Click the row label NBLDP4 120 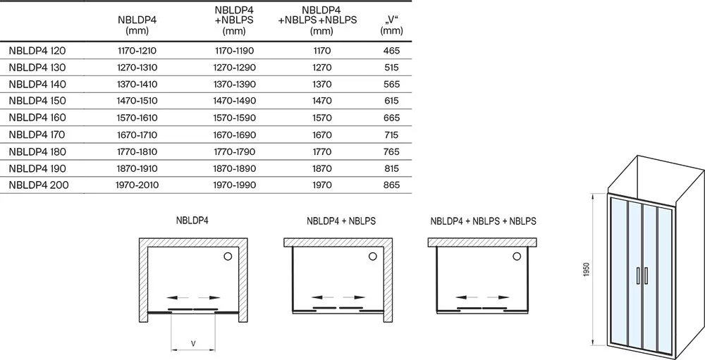pos(37,51)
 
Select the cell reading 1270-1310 pos(137,68)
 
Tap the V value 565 pos(391,85)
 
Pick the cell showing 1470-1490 pos(234,101)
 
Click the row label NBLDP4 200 pos(39,185)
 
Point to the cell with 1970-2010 pos(137,185)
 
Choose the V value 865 pos(391,185)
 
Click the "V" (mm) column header pos(391,25)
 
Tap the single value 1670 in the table pos(322,135)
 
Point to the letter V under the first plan pos(193,344)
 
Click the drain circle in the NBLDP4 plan pos(228,256)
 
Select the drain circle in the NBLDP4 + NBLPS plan pos(373,256)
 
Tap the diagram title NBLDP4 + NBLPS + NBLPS pos(484,221)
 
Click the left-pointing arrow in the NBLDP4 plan pos(178,297)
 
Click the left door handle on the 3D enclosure pos(638,276)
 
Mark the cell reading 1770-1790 pos(234,152)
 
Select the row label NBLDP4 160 pos(37,118)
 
